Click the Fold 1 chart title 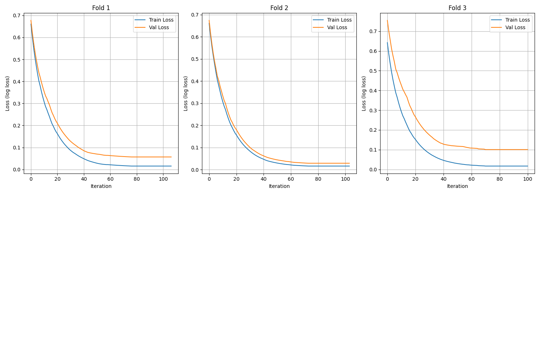[101, 8]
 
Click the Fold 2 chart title [279, 8]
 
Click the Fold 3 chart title [457, 8]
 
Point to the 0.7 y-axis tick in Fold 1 [17, 15]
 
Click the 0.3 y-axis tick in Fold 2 [195, 104]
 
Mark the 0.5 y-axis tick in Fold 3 [373, 71]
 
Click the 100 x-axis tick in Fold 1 [163, 179]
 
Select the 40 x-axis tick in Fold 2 [264, 179]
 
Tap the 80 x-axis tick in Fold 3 [500, 179]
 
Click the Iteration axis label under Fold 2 [279, 186]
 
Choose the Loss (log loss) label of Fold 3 [364, 93]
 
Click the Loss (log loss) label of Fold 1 [8, 93]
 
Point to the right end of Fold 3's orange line [528, 150]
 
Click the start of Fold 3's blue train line [387, 42]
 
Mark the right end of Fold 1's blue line [171, 166]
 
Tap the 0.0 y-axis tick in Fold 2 [195, 170]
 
